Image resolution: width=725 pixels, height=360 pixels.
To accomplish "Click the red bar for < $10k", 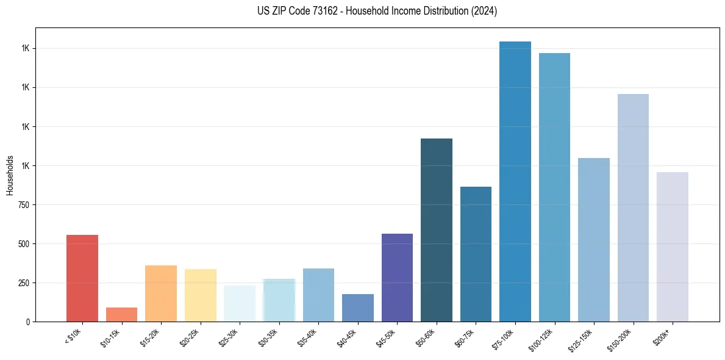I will [x=82, y=278].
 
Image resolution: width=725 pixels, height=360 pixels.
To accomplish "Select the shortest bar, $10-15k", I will [x=121, y=314].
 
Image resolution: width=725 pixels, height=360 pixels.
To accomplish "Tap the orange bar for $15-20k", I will [x=161, y=293].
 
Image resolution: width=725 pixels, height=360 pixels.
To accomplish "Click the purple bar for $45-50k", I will [x=397, y=278].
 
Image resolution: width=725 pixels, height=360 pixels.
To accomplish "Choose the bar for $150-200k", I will [x=633, y=207].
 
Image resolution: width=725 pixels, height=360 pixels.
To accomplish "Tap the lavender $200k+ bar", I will [x=673, y=247].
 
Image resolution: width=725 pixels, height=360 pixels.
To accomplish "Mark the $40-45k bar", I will [x=358, y=308].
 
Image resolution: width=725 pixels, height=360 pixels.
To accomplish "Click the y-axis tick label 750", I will [x=24, y=205].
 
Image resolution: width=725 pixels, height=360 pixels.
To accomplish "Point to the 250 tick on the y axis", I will [x=24, y=283].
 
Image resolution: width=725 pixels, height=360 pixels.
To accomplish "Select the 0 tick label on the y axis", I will [x=28, y=322].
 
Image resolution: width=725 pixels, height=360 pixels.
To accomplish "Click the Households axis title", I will [x=10, y=175].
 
